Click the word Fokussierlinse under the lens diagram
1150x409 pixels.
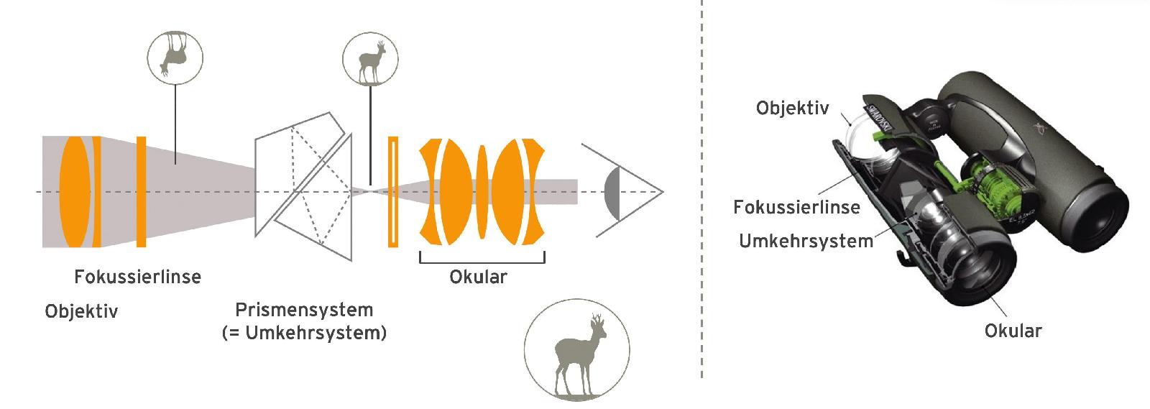tap(137, 277)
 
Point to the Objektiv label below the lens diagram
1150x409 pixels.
tap(81, 311)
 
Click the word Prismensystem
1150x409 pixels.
tap(304, 311)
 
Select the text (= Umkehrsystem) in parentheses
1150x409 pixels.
tap(304, 334)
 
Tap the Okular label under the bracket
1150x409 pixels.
tap(478, 277)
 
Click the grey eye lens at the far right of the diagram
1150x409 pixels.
tap(612, 193)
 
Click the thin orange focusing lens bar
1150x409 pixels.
tap(141, 192)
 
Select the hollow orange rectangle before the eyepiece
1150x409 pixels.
tap(392, 192)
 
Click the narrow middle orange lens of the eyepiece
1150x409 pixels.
tap(482, 192)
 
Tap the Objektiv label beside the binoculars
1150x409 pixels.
tap(792, 109)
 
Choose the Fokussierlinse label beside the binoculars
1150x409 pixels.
tap(796, 208)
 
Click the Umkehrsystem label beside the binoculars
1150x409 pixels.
tap(806, 241)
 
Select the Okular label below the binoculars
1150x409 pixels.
tap(1013, 331)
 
